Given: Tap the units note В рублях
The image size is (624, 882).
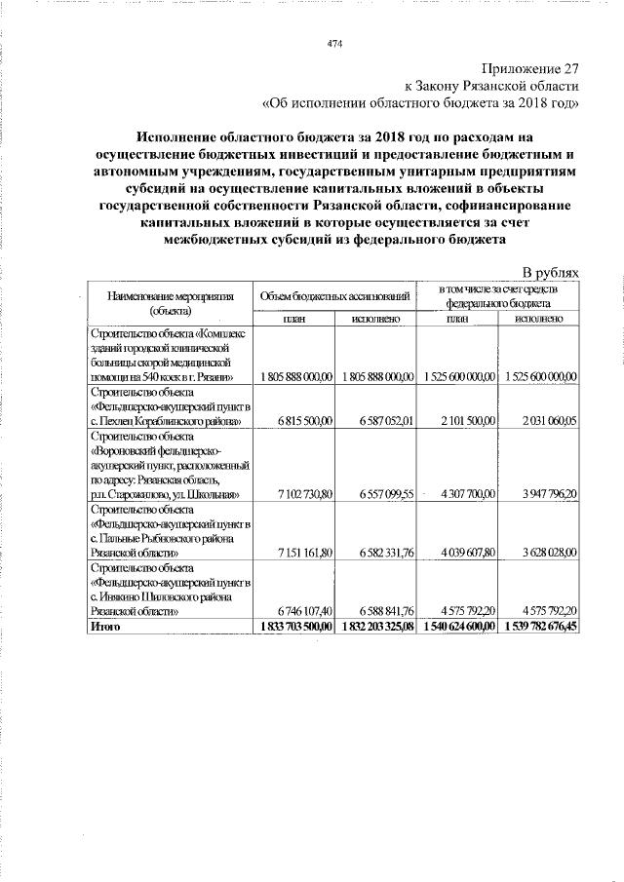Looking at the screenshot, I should pyautogui.click(x=551, y=272).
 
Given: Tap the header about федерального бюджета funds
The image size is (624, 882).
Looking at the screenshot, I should pyautogui.click(x=498, y=295).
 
